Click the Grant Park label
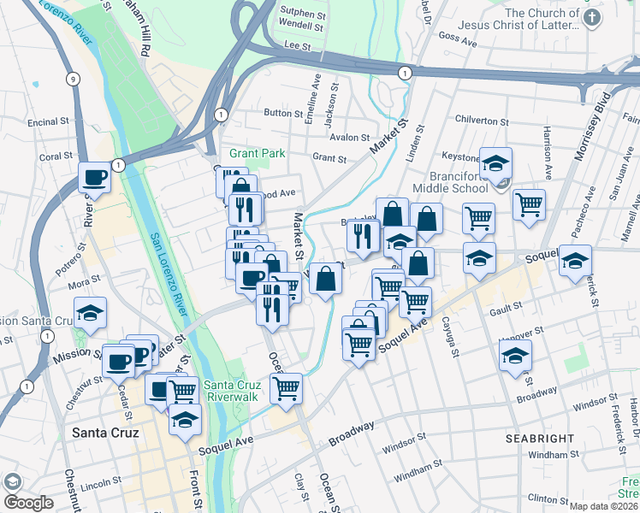[x=251, y=154]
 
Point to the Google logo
[x=28, y=502]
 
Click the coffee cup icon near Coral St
[x=94, y=178]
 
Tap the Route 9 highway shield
[x=74, y=80]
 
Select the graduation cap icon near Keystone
[x=495, y=162]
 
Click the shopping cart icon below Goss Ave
[x=530, y=203]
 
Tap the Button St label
[x=278, y=112]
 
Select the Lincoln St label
[x=101, y=484]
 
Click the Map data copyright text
[x=604, y=506]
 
